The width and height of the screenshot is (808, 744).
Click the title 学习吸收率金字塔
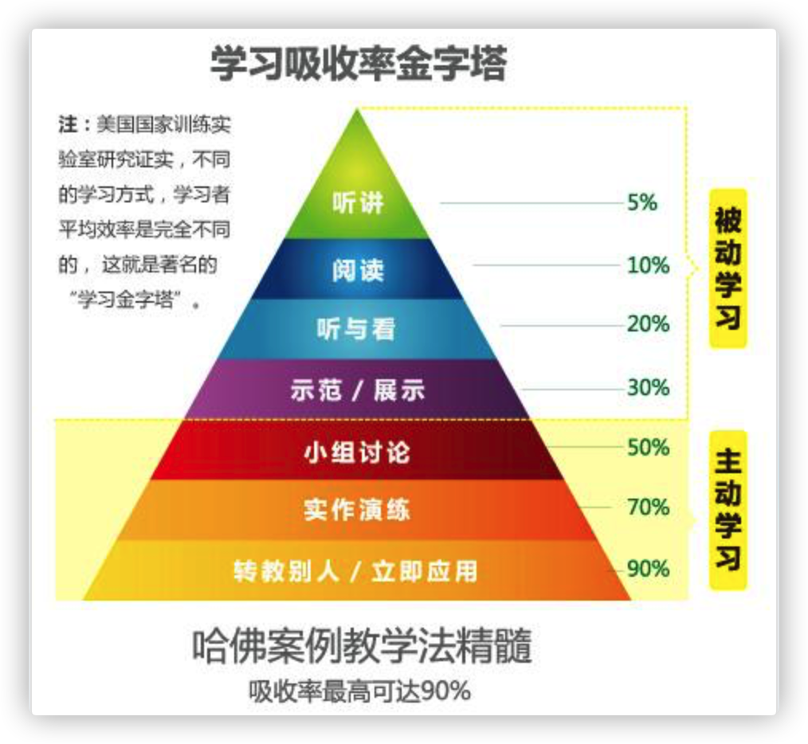coord(358,65)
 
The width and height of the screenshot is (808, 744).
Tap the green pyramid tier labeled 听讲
coord(358,203)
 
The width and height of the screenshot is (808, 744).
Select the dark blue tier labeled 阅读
coord(358,270)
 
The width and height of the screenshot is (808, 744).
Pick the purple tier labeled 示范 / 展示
coord(357,390)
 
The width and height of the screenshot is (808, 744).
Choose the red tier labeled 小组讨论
coord(357,452)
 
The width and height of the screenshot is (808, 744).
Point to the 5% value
coord(642,203)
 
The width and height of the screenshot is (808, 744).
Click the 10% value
coord(648,265)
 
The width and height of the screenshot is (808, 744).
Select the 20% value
coord(648,324)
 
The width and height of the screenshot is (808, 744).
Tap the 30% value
coord(648,388)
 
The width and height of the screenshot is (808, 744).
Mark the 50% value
coord(648,448)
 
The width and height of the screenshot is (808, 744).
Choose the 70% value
coord(648,507)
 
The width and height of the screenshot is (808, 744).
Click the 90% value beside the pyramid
coord(648,569)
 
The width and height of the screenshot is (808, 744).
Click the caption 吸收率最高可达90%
coord(359,691)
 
